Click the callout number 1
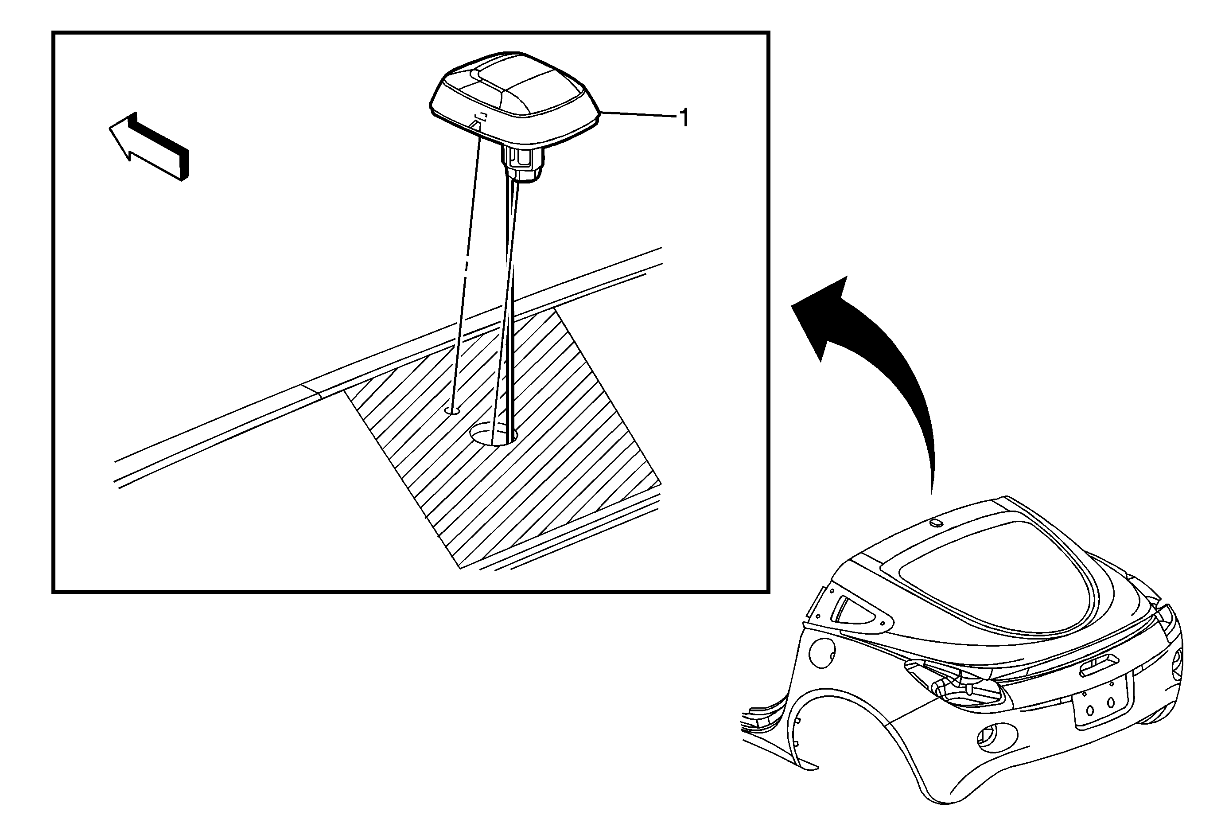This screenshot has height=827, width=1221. (684, 118)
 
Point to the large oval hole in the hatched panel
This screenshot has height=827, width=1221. (494, 434)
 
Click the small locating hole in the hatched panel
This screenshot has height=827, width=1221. (452, 410)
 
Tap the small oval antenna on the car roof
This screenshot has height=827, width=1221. (935, 523)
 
